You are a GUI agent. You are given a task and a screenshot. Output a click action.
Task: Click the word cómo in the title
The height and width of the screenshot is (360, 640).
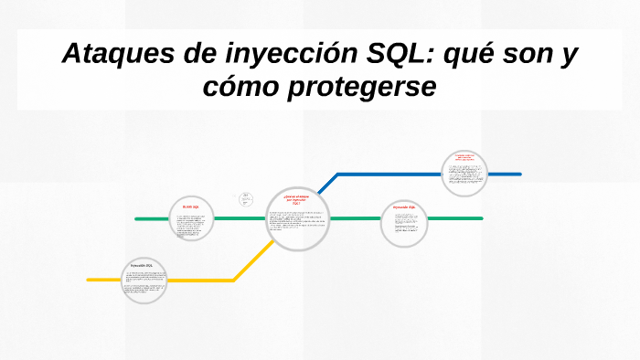click(244, 89)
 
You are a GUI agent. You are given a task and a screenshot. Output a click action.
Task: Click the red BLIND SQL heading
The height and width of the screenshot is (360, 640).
click(191, 207)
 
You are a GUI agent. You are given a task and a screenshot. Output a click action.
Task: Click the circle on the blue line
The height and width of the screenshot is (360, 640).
click(464, 174)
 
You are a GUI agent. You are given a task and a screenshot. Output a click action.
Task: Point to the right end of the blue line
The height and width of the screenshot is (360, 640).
click(519, 174)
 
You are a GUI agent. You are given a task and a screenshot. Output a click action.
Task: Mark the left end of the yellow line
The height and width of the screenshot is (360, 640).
click(89, 280)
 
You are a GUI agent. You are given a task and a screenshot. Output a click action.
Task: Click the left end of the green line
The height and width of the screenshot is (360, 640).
click(136, 219)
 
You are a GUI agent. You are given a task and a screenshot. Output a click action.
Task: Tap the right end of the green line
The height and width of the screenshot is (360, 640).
click(481, 219)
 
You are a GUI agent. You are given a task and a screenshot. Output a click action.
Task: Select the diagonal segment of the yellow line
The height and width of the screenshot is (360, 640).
click(250, 264)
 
